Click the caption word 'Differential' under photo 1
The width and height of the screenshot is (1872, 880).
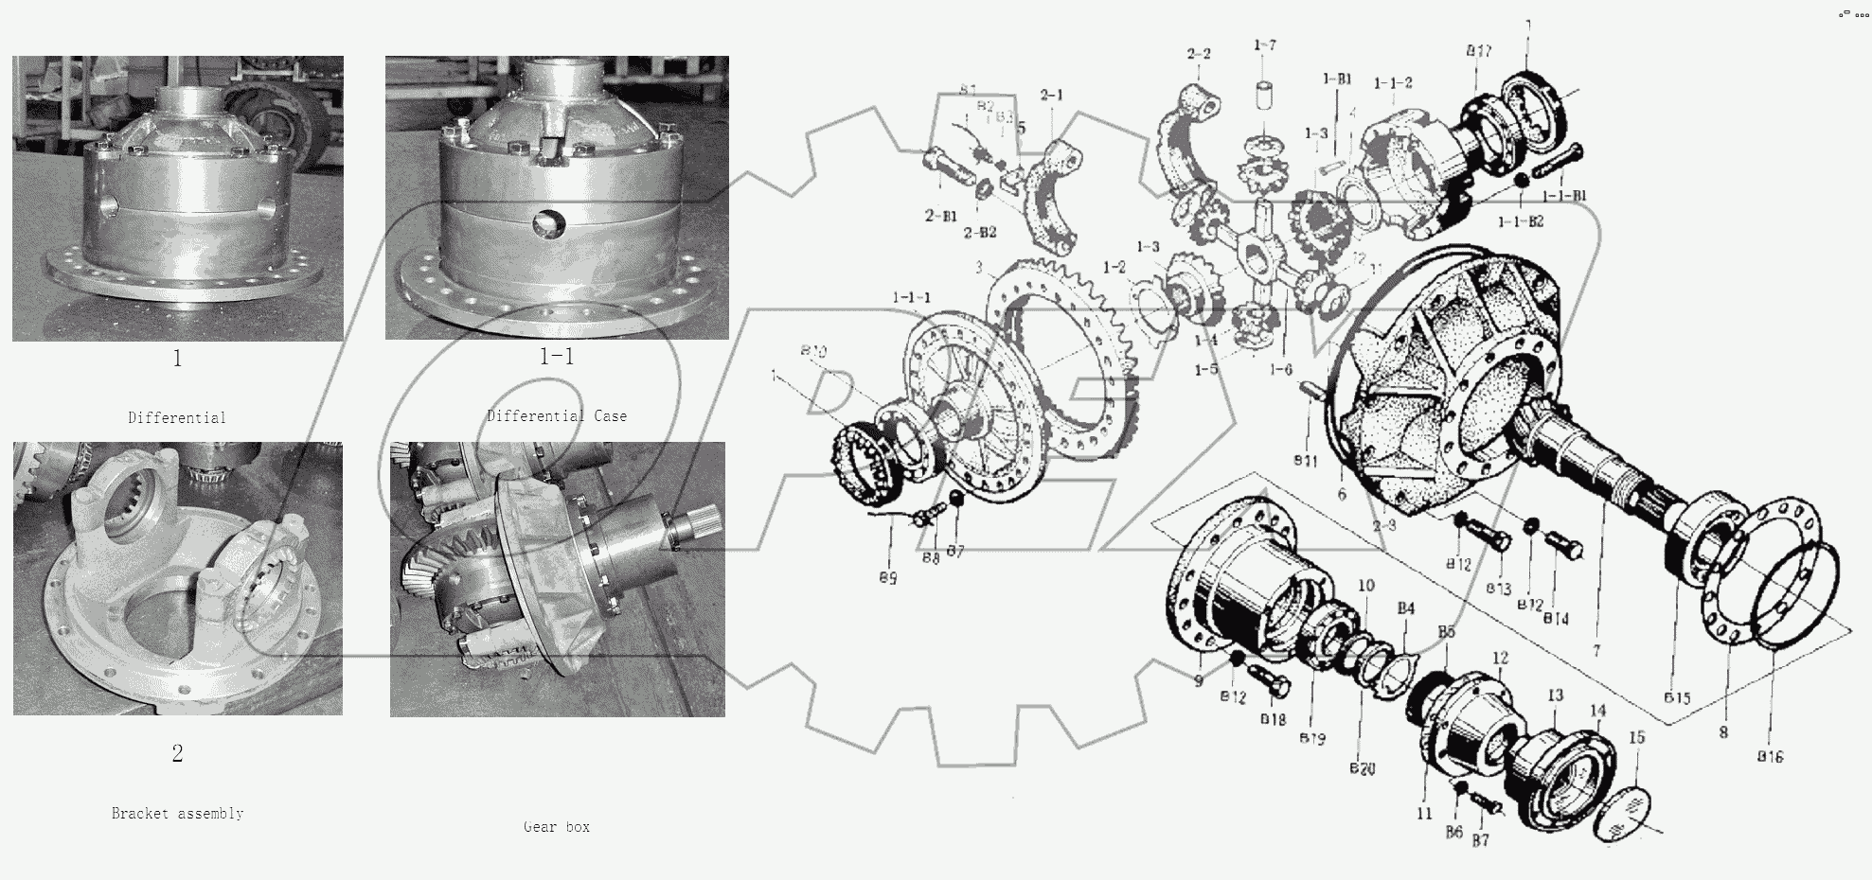177,417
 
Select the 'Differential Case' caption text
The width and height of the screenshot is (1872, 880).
557,415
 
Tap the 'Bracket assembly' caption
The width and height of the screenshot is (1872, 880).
177,813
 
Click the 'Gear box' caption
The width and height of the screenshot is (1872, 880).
557,826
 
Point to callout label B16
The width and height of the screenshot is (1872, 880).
1770,756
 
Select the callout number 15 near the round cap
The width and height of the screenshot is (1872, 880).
1636,736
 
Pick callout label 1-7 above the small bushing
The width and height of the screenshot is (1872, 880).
1265,44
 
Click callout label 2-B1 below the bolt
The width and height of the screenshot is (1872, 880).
940,215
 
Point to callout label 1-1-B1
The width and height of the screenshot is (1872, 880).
1564,196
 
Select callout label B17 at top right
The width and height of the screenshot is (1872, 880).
1479,51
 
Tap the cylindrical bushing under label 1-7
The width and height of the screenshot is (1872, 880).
1265,98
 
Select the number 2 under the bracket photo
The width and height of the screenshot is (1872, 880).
177,753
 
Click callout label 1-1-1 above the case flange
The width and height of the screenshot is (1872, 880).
911,297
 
